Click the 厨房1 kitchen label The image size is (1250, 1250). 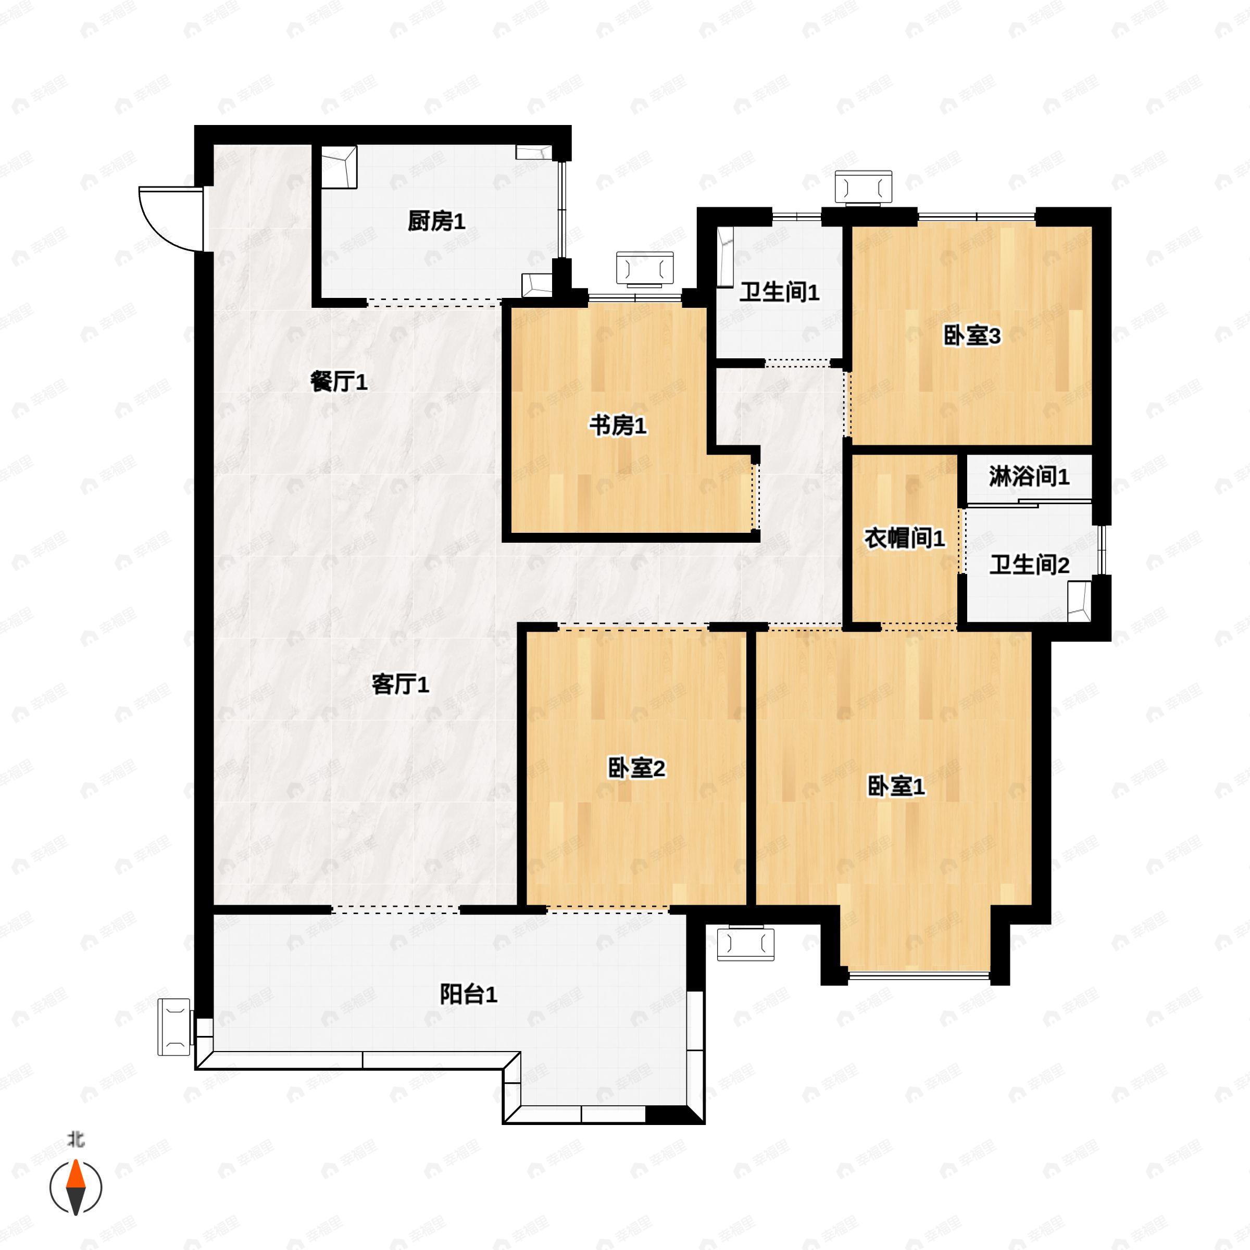436,222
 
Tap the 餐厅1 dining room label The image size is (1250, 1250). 339,382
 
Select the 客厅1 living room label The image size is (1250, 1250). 400,684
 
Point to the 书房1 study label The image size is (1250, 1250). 617,427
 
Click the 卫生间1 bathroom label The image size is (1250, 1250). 779,292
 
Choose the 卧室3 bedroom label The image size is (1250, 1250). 972,336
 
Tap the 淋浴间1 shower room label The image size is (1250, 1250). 1029,477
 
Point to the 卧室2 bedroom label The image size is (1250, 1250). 636,769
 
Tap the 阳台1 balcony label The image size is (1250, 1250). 468,994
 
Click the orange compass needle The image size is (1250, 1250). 77,1176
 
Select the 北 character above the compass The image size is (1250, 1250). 77,1140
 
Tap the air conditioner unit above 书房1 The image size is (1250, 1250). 645,269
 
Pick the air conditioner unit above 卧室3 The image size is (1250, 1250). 863,188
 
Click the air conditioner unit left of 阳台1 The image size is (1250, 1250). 174,1027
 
